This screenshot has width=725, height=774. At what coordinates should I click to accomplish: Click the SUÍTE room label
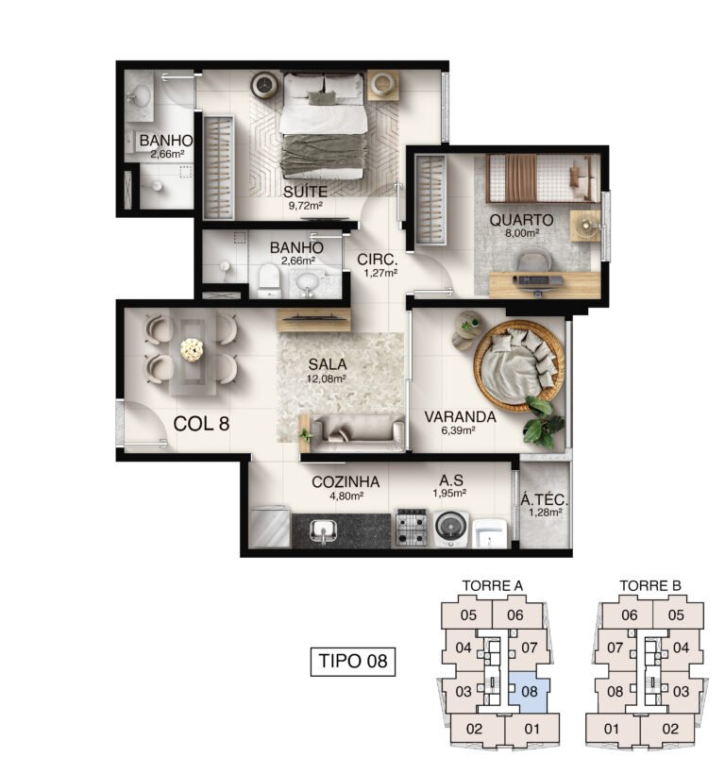305,192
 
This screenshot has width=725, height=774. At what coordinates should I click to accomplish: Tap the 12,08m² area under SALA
326,379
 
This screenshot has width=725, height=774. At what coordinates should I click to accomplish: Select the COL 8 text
201,424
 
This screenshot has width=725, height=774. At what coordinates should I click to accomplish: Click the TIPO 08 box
353,661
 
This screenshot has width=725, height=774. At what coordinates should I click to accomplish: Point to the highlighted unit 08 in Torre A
529,691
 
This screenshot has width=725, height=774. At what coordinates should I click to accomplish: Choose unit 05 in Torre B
676,615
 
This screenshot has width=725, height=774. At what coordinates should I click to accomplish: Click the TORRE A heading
492,586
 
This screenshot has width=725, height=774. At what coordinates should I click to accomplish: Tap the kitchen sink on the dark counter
323,531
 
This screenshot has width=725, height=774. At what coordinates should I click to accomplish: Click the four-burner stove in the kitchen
412,528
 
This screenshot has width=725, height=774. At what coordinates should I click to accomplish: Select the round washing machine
451,529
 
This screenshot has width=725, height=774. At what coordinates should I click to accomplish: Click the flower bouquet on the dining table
192,350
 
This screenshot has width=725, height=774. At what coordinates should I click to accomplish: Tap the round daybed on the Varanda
518,368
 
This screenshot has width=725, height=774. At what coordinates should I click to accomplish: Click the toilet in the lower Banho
269,282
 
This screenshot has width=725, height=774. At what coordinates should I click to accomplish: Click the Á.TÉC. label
545,499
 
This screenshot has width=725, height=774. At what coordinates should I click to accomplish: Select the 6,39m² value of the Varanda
458,429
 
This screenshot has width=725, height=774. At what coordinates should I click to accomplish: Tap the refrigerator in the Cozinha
270,527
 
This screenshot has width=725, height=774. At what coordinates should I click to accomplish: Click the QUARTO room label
521,220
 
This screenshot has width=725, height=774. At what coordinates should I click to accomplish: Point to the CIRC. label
377,260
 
